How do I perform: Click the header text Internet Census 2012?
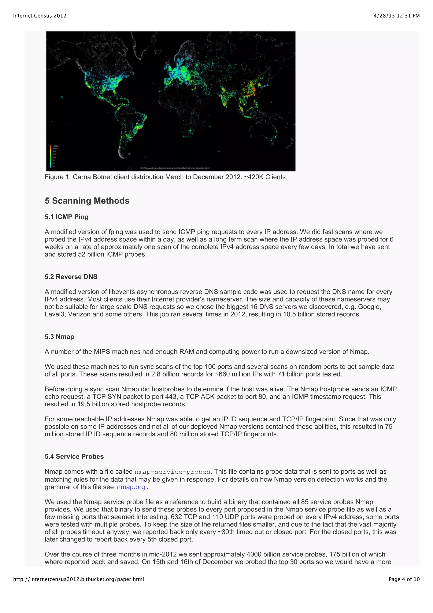40,16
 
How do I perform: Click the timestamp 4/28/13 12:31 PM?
396,16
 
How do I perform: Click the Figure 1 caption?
165,177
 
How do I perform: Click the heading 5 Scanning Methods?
87,201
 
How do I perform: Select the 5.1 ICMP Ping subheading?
66,217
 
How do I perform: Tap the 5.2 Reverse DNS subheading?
71,277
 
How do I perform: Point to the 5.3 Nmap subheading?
59,337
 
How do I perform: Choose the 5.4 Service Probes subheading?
74,456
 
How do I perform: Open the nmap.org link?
131,487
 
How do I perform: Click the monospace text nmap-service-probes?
172,472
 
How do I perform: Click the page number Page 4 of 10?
404,579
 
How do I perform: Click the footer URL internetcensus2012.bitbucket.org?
78,579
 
